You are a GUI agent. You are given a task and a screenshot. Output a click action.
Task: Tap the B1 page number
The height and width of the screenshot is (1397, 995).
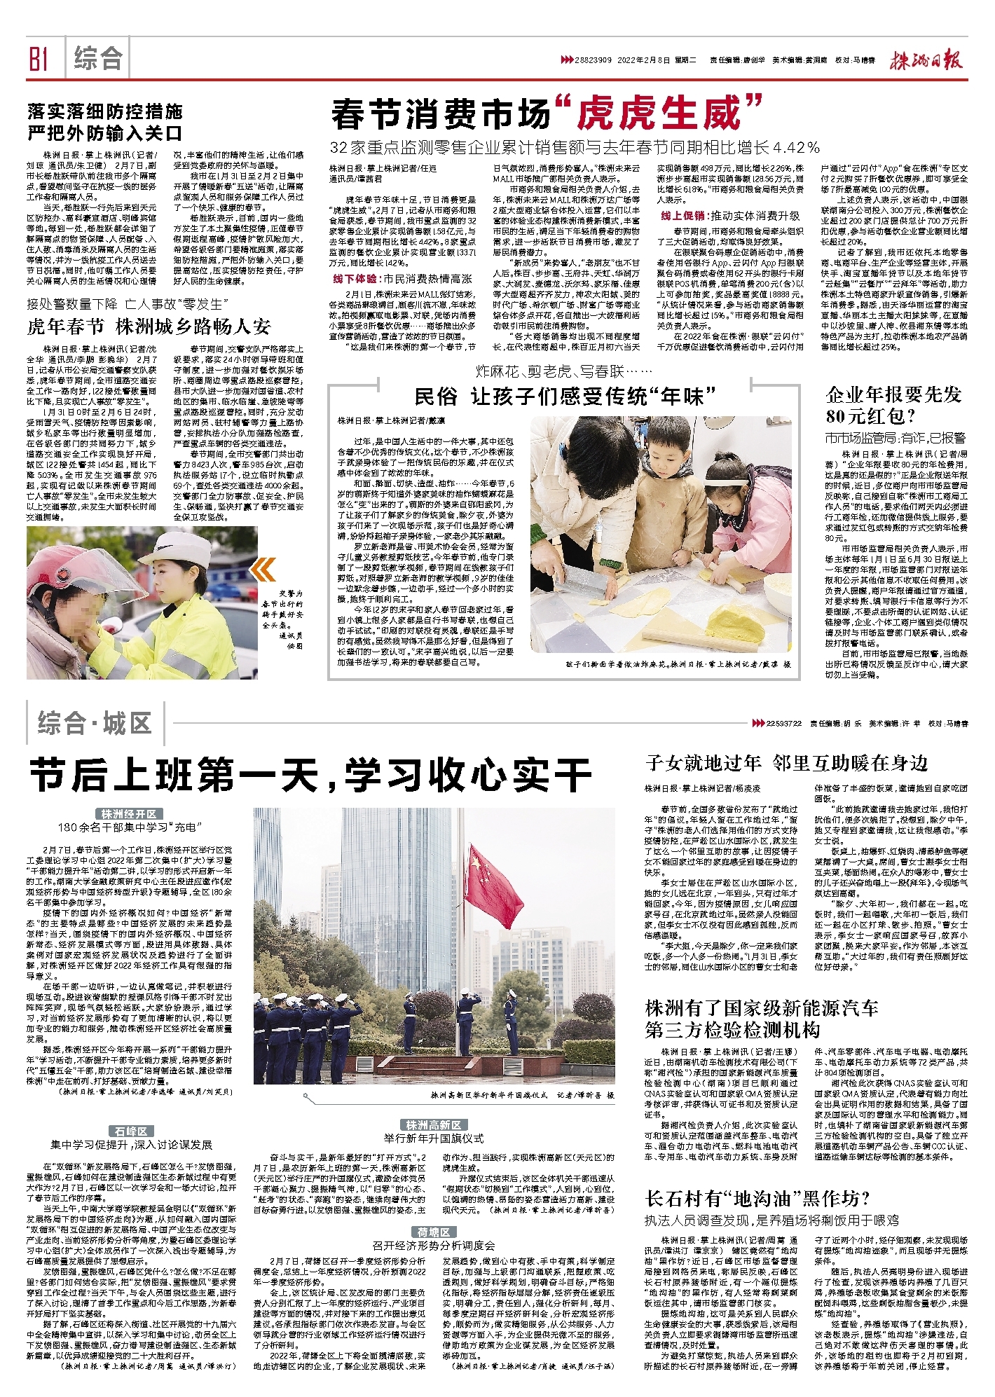[x=39, y=59]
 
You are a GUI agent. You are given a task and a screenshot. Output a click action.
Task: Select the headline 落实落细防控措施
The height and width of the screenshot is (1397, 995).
[x=105, y=111]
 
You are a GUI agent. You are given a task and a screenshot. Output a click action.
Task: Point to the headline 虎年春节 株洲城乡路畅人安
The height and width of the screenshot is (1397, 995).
[x=149, y=326]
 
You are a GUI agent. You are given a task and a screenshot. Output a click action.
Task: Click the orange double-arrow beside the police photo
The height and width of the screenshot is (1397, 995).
[x=264, y=570]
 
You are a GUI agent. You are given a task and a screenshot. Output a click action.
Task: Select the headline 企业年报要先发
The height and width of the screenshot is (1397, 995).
[x=893, y=394]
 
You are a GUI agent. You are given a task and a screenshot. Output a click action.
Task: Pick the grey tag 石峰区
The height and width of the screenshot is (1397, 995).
[x=131, y=1131]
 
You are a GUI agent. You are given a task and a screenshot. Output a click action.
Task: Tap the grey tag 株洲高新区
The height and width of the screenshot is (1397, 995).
[x=433, y=1125]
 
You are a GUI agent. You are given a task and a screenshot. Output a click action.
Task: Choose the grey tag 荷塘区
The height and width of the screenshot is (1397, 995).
[x=433, y=1232]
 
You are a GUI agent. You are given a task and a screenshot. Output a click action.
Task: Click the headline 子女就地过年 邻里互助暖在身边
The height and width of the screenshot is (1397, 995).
[x=786, y=763]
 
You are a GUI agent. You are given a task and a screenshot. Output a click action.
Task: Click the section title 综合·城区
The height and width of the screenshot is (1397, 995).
[x=95, y=724]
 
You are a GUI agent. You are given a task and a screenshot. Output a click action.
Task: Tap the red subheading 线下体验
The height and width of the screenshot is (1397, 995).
[x=357, y=279]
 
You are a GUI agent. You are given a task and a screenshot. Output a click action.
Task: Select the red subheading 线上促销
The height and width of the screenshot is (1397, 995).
[x=683, y=216]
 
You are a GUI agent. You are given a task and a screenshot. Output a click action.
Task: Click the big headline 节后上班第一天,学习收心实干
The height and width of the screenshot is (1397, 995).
[x=310, y=776]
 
